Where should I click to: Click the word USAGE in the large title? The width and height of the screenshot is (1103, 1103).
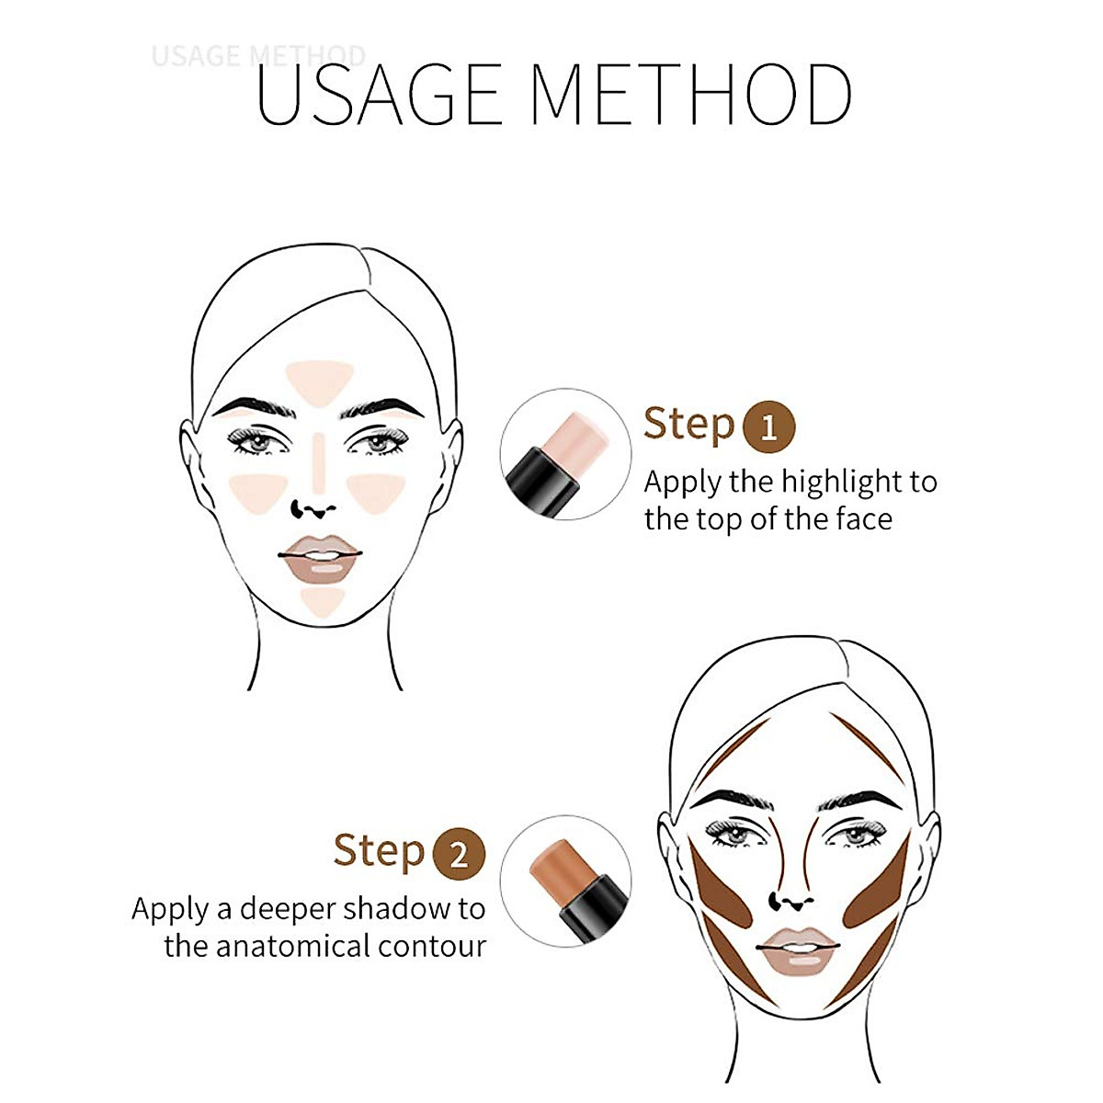pos(378,95)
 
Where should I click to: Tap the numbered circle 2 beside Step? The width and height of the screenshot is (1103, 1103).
pos(458,854)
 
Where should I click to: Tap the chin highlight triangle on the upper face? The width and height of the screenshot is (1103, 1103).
pos(322,601)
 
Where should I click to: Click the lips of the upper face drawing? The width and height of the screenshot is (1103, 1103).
pos(319,558)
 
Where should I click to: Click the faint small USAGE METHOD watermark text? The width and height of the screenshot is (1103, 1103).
pos(258,56)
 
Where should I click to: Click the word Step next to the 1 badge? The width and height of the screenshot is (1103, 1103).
pos(688,424)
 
